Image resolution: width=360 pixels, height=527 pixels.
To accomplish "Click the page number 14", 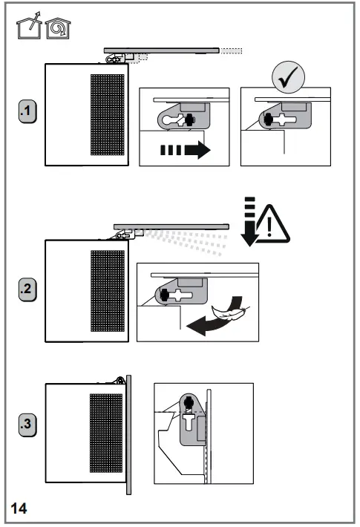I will coord(19,508).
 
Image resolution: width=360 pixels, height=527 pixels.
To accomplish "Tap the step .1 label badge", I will coord(27,112).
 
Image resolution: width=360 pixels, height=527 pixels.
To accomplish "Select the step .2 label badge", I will coord(27,290).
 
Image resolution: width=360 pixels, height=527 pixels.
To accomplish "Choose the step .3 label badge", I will coord(27,425).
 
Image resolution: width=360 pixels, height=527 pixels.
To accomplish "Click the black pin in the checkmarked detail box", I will coord(269,118).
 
